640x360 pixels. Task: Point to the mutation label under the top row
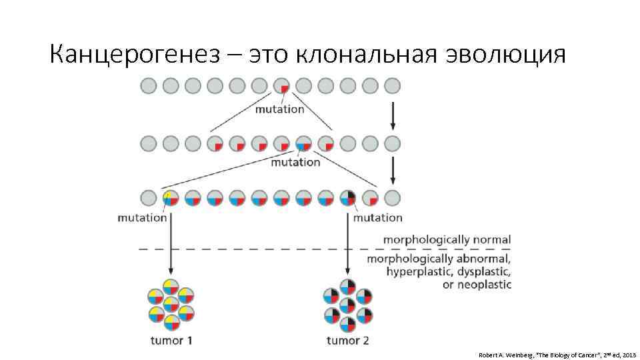click(x=279, y=109)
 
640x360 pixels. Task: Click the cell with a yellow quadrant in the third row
click(x=171, y=198)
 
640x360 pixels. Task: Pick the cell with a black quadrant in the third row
click(x=348, y=198)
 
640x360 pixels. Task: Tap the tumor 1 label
click(x=171, y=341)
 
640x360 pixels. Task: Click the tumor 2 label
click(x=348, y=341)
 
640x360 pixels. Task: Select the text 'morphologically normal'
click(x=447, y=239)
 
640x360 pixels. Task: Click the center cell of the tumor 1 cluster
click(x=171, y=305)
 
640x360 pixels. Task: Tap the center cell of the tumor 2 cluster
click(x=348, y=305)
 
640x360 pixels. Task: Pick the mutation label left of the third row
click(x=141, y=217)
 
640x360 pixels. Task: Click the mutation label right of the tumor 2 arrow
click(x=377, y=217)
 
